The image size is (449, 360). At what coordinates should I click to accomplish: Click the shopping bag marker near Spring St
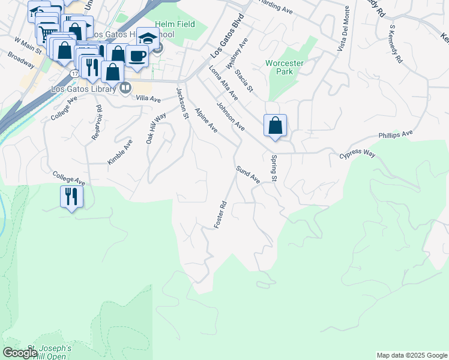click(275, 126)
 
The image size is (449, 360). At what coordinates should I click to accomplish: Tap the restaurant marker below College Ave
click(71, 196)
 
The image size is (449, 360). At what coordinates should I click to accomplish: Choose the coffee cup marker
click(137, 56)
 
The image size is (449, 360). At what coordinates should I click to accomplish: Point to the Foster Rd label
click(221, 214)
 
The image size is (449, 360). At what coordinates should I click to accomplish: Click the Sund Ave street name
click(247, 175)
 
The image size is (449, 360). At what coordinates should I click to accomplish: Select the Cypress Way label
click(357, 155)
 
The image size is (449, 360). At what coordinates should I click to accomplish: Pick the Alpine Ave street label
click(205, 120)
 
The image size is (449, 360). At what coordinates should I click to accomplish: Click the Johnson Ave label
click(231, 117)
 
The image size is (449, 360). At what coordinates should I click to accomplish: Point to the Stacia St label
click(244, 82)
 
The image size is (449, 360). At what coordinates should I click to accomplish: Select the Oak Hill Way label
click(156, 128)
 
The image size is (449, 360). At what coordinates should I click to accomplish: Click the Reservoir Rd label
click(97, 124)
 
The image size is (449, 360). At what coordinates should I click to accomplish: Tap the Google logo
click(20, 352)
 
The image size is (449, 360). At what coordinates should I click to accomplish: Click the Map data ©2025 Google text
click(412, 355)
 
